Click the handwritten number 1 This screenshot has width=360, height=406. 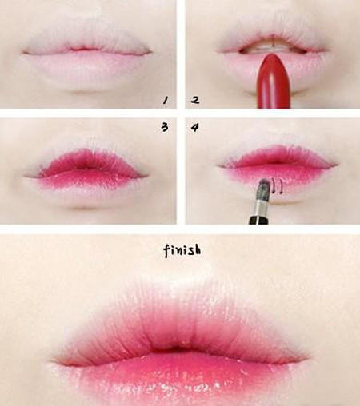166,100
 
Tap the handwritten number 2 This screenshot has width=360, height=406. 195,100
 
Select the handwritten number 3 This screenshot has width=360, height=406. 165,127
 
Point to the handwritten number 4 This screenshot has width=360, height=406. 195,128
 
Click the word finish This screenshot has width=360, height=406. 182,250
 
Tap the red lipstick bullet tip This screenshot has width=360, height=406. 270,57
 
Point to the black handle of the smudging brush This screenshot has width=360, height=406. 258,221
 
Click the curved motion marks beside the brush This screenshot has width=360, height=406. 278,185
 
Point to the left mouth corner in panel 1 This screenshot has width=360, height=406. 25,53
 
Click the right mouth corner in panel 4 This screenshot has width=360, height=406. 336,165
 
